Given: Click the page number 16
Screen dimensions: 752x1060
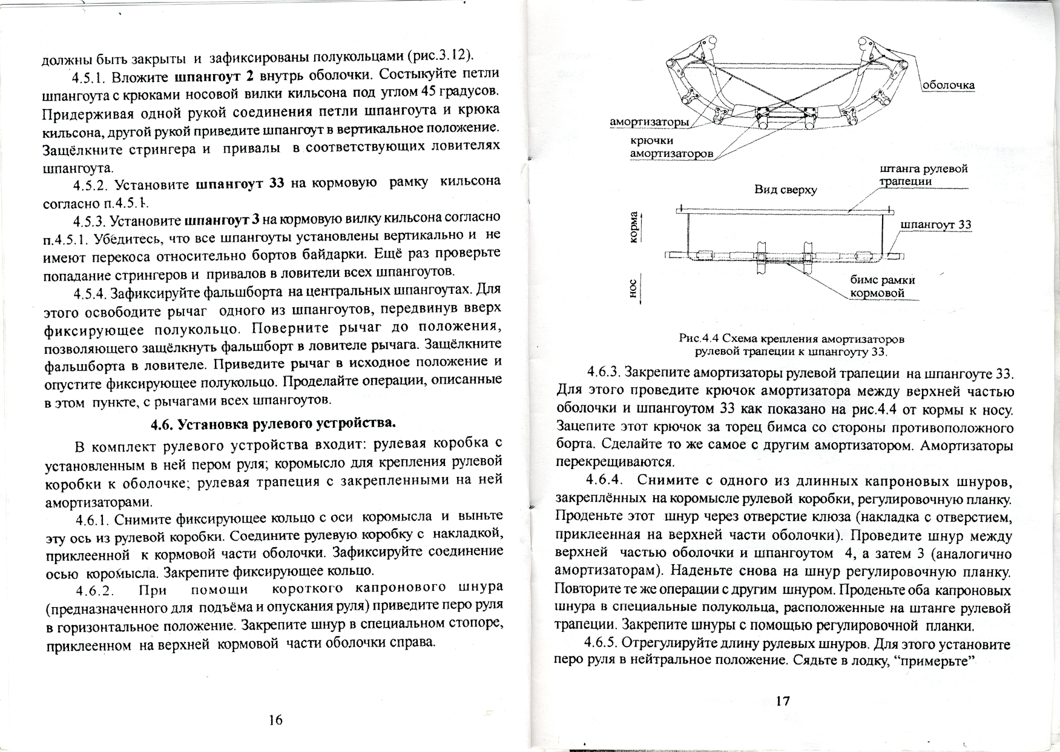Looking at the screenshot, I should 275,720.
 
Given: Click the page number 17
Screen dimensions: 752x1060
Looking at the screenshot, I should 782,701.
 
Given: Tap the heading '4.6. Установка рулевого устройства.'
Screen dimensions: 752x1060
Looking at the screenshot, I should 272,423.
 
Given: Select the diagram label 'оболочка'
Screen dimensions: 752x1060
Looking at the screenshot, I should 948,85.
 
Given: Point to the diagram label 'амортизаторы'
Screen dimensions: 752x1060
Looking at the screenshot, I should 649,122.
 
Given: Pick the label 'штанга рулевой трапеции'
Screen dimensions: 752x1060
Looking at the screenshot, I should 923,175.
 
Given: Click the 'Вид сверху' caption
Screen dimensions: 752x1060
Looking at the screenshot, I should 785,190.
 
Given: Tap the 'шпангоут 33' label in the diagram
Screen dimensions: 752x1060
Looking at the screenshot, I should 936,225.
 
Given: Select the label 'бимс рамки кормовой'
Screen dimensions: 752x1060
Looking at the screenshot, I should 882,287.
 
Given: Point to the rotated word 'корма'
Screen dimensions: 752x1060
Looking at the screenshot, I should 634,228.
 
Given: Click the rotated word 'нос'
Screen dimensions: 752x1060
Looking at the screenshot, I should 634,289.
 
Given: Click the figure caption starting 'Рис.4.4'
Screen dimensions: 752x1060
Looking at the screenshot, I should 791,345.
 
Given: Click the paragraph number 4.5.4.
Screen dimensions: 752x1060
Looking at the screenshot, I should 91,293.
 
